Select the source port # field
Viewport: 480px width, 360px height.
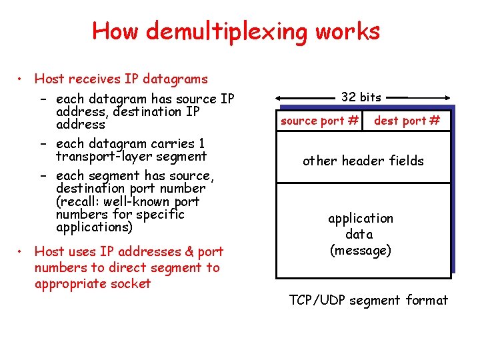click(320, 121)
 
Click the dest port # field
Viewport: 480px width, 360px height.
click(407, 121)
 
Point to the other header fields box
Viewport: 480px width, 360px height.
click(363, 161)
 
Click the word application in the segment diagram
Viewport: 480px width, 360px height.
click(360, 218)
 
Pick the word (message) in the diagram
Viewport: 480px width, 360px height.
click(360, 251)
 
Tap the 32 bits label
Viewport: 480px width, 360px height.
click(361, 97)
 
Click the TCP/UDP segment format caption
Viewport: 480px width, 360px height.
click(369, 300)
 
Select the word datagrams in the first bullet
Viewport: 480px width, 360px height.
click(177, 79)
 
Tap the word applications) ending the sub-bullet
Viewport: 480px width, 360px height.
click(95, 227)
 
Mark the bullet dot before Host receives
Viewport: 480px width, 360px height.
click(23, 79)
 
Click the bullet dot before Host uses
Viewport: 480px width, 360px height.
click(23, 251)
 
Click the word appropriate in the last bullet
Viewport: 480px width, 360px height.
click(69, 283)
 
